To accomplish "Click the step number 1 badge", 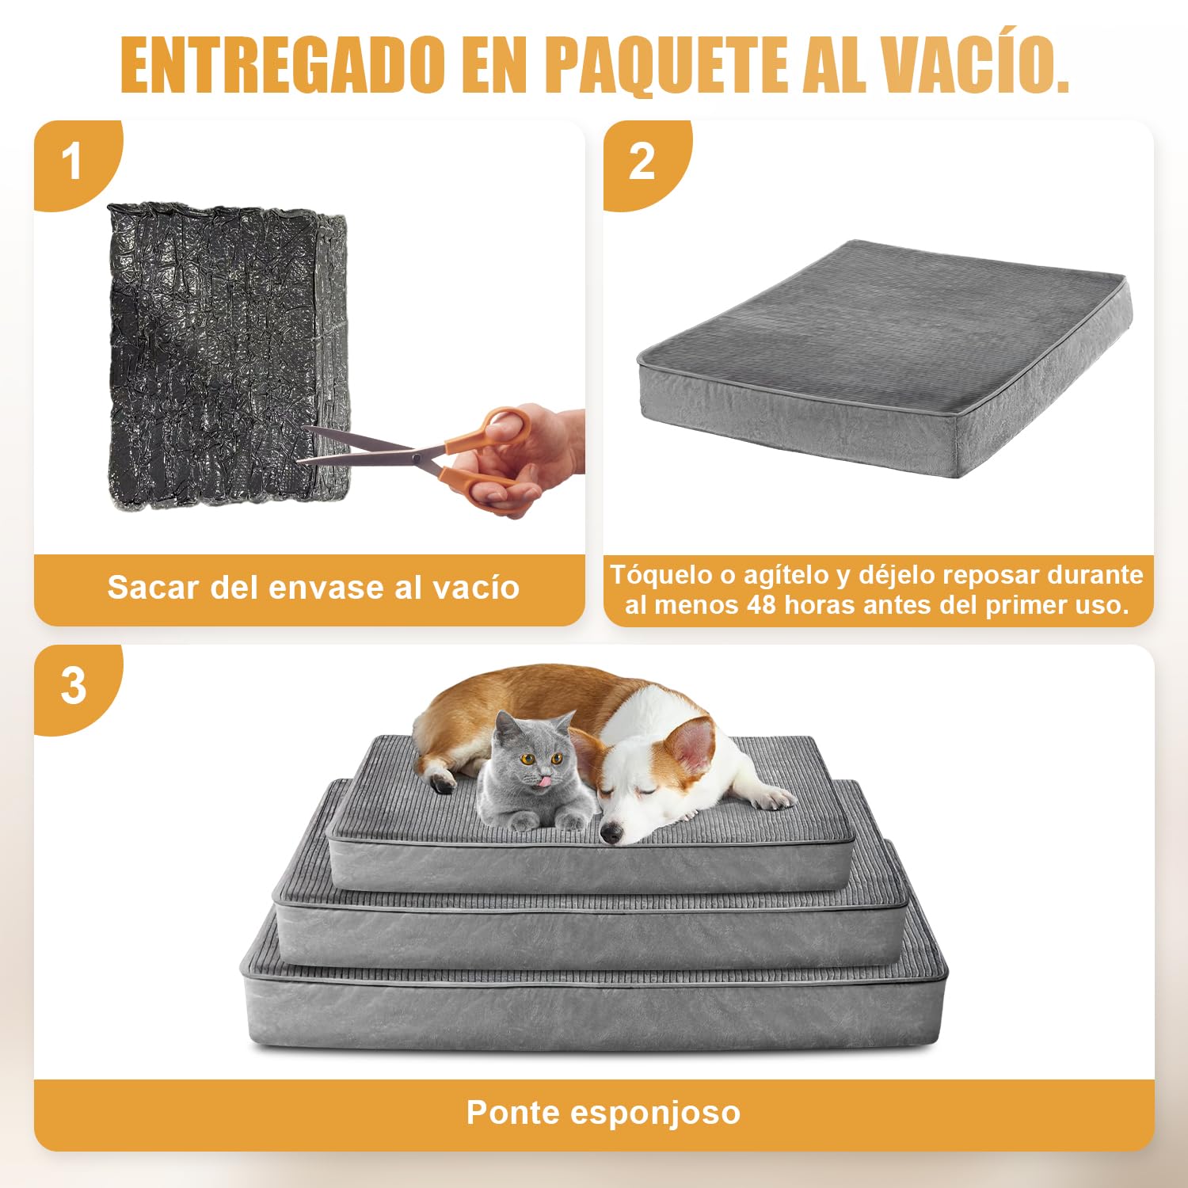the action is pyautogui.click(x=73, y=162).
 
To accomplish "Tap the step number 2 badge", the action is pyautogui.click(x=642, y=162).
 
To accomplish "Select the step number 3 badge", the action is pyautogui.click(x=74, y=686).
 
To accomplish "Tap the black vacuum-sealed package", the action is pyautogui.click(x=227, y=355).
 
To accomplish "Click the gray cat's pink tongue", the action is pyautogui.click(x=543, y=782).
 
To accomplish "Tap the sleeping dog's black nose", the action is pyautogui.click(x=611, y=833).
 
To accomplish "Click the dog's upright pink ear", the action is pyautogui.click(x=691, y=746).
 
